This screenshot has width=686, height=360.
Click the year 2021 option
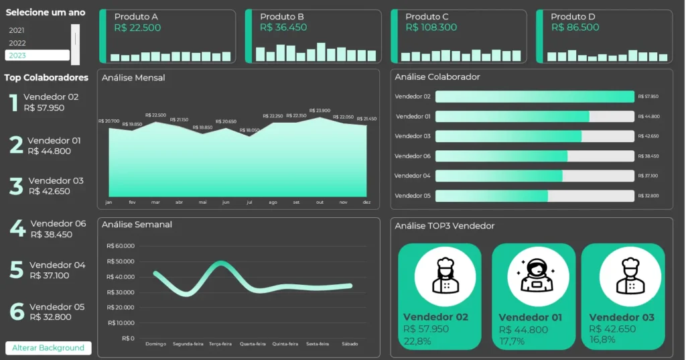[17, 30]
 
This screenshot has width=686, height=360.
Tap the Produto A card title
[136, 17]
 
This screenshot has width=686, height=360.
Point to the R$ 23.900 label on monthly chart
[320, 111]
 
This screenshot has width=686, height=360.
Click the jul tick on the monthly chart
[249, 202]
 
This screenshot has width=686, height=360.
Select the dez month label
[366, 202]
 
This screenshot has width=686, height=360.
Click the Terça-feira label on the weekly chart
[220, 344]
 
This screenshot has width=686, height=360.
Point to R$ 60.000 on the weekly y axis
[121, 246]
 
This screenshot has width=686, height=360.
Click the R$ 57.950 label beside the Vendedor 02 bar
[648, 97]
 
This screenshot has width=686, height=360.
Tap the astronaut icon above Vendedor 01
[533, 276]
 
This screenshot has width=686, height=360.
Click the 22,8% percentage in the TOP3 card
[417, 341]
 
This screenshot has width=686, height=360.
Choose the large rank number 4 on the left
[17, 229]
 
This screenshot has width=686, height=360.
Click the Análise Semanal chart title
[137, 225]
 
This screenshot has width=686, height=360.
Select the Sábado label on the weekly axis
[349, 344]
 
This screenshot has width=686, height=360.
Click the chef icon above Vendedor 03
[622, 276]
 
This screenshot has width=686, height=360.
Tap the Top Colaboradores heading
[46, 78]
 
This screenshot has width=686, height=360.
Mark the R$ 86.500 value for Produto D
[575, 27]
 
